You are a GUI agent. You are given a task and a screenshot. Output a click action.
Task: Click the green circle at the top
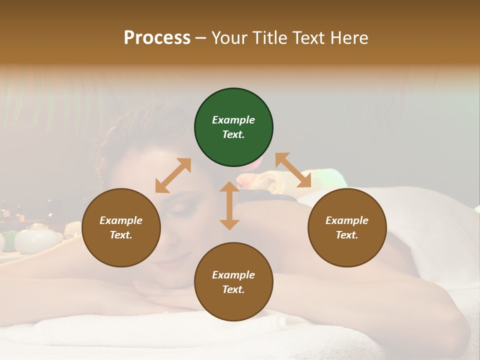tap(233, 127)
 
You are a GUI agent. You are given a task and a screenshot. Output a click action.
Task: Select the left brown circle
tap(121, 228)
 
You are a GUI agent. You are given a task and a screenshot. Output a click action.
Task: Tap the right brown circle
tap(347, 228)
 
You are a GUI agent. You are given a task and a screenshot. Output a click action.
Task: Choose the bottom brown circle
tap(233, 282)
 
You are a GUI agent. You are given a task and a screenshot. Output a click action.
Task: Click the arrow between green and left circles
tap(173, 175)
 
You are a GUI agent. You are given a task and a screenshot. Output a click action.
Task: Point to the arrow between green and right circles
tap(293, 170)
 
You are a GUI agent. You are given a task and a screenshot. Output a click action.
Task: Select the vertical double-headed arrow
tap(229, 205)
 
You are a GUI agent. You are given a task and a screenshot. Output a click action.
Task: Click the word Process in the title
tap(157, 37)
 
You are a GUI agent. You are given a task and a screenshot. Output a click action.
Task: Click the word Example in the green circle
tap(233, 120)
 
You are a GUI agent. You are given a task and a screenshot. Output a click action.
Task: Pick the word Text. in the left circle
tap(121, 235)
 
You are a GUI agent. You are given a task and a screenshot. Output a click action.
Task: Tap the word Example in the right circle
tap(347, 220)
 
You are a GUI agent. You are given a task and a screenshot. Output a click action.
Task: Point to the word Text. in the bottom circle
tap(233, 289)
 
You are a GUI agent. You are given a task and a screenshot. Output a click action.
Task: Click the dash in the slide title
tap(201, 38)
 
